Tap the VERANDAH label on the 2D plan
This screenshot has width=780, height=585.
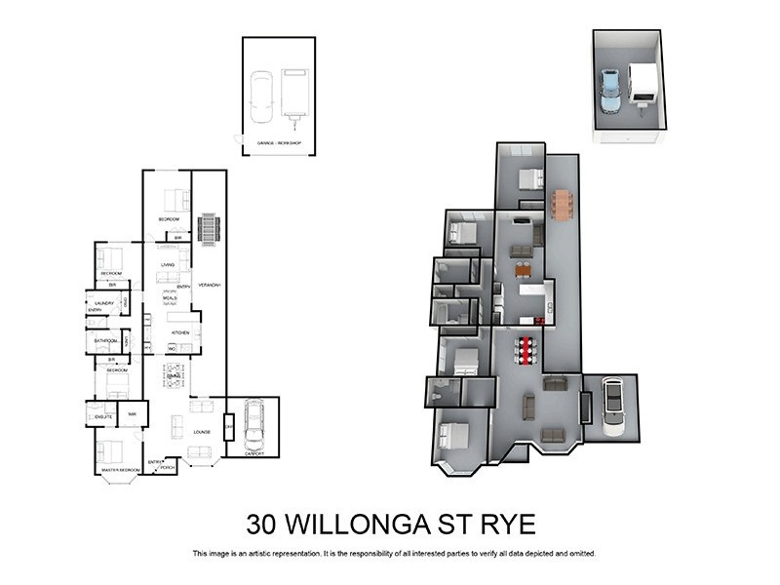pyautogui.click(x=210, y=285)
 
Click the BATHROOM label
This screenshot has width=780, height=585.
pyautogui.click(x=104, y=341)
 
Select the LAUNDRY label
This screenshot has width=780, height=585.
pyautogui.click(x=104, y=303)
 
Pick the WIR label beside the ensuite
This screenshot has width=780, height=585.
pyautogui.click(x=132, y=414)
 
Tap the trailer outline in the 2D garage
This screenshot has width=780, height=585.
pyautogui.click(x=293, y=93)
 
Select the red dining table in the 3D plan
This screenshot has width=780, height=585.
pyautogui.click(x=527, y=350)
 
